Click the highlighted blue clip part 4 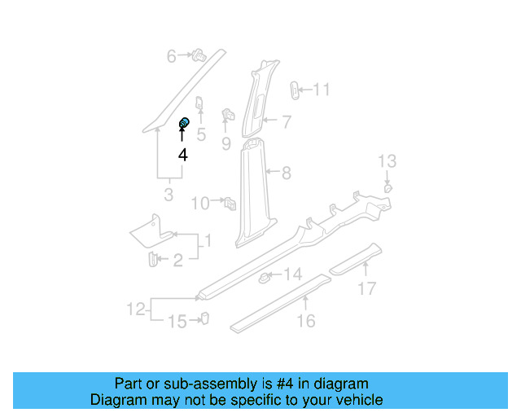tap(184, 123)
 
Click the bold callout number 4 tap(183, 155)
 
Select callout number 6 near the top tap(172, 56)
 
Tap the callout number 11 tap(322, 90)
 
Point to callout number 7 tap(287, 122)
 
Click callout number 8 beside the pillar tap(286, 173)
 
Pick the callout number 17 tap(367, 288)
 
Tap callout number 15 tap(177, 322)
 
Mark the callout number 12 tap(136, 309)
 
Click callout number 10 tap(200, 203)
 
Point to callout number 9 tap(226, 144)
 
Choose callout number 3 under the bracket tap(169, 195)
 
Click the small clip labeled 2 tap(152, 259)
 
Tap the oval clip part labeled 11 tap(296, 89)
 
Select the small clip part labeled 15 tap(204, 318)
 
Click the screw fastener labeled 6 tap(198, 55)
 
